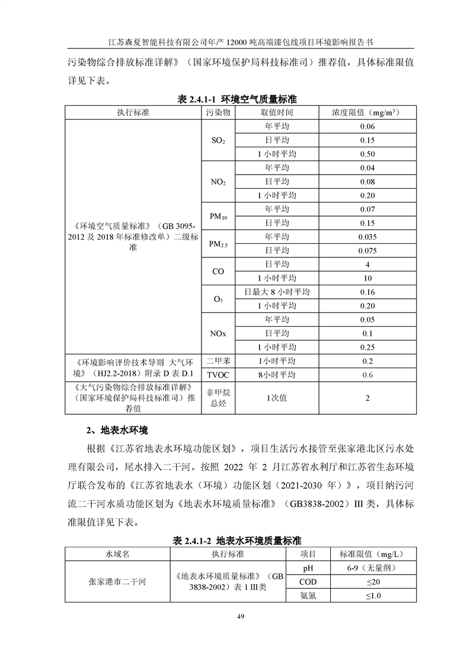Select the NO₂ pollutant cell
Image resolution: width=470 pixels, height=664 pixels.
pyautogui.click(x=218, y=182)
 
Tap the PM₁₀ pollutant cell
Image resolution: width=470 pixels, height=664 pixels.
pyautogui.click(x=218, y=216)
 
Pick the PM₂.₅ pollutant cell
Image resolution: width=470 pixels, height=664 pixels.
pyautogui.click(x=218, y=244)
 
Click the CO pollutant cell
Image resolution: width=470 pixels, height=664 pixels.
pyautogui.click(x=218, y=271)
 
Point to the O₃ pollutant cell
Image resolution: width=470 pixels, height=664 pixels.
pyautogui.click(x=218, y=299)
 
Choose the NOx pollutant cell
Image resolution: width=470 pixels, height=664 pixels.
pyautogui.click(x=218, y=333)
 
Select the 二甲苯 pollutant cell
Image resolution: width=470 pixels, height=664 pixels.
pyautogui.click(x=218, y=361)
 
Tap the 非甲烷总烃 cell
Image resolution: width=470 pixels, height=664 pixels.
pyautogui.click(x=218, y=398)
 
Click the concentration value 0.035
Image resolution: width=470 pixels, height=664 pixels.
pyautogui.click(x=367, y=237)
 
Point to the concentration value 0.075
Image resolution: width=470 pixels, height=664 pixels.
pyautogui.click(x=367, y=250)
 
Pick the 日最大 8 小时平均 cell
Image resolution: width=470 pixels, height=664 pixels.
pyautogui.click(x=277, y=292)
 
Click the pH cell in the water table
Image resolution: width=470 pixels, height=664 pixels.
pyautogui.click(x=308, y=568)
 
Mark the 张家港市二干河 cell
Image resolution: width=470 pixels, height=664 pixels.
pyautogui.click(x=117, y=582)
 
